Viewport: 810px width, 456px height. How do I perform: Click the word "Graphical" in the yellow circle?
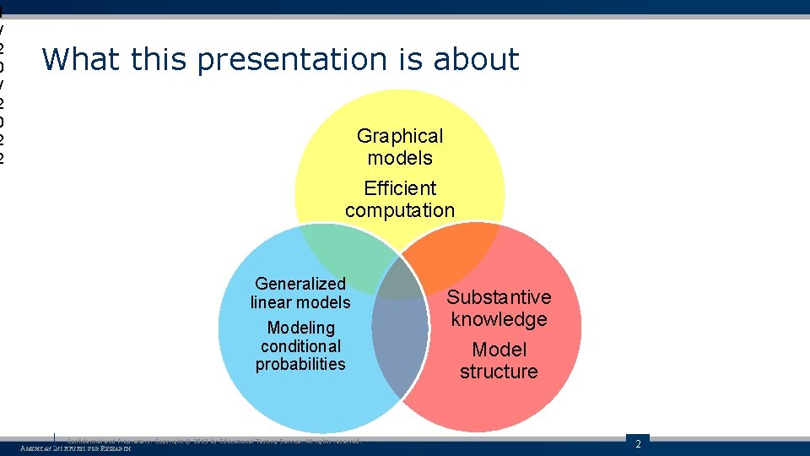point(400,136)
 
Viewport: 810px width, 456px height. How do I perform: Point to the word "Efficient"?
point(400,188)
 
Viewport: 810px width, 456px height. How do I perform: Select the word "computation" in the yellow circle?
point(400,210)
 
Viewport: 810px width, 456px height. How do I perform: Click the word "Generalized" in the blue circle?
point(300,284)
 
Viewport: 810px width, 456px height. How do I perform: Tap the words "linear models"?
point(300,302)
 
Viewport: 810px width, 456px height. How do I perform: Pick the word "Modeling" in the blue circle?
point(300,328)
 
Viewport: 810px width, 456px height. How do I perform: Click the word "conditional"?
point(300,346)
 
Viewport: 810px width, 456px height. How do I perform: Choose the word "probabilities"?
point(300,364)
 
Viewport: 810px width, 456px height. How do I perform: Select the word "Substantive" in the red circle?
point(499,297)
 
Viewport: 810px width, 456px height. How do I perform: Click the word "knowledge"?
point(499,319)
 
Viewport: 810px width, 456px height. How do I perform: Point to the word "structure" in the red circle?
point(499,372)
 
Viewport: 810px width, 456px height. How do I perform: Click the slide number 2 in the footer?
point(638,444)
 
